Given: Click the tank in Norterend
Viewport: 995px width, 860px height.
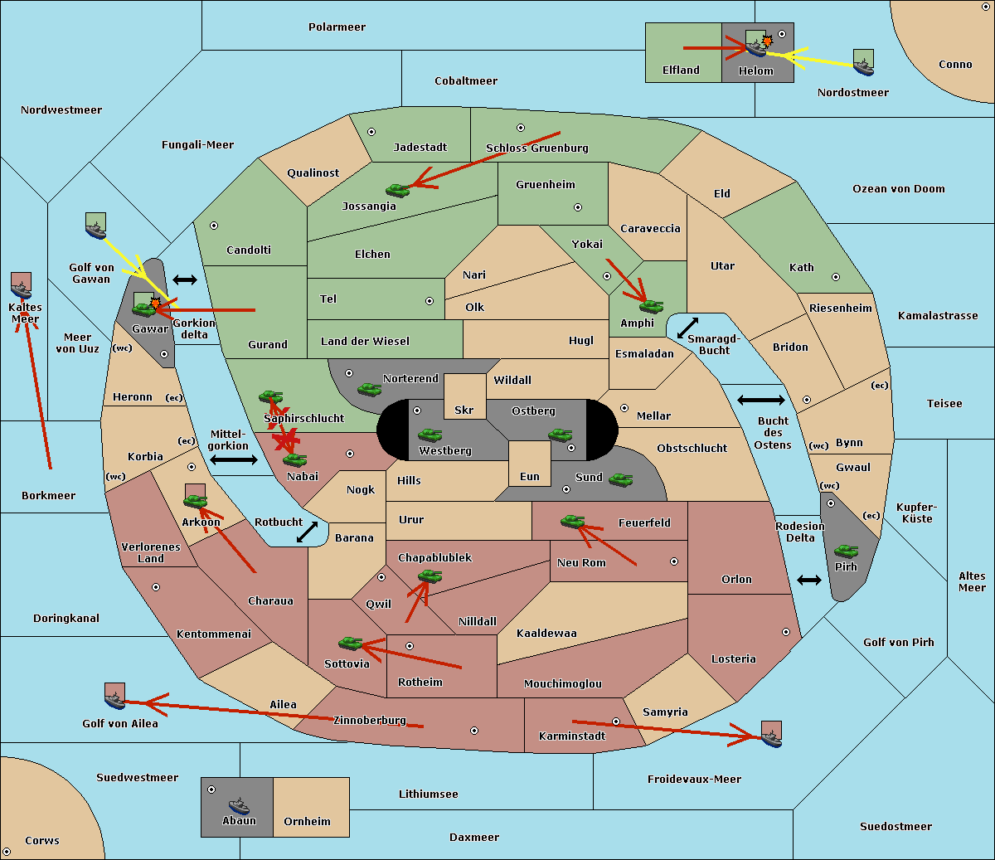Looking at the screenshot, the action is coord(369,389).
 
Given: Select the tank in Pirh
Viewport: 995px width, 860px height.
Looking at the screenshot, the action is coord(846,551).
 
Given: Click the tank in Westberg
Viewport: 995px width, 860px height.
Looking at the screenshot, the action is coord(430,435).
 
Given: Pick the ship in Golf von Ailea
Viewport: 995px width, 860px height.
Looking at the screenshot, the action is coord(115,700).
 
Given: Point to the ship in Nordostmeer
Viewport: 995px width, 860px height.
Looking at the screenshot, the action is coord(864,67).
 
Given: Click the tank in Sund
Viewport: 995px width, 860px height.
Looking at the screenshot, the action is coord(620,479).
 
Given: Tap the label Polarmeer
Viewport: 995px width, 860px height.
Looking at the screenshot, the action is coord(337,27).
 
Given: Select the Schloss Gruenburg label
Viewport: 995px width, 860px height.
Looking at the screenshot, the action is coord(537,148).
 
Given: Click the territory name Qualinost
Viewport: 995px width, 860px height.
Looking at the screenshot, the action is coord(313,172).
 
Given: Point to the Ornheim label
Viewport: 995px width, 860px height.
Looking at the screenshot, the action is coord(307,821).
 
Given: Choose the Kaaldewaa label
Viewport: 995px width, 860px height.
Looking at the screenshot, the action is coord(546,634).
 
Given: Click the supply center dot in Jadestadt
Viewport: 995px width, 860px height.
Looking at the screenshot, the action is coord(371,132).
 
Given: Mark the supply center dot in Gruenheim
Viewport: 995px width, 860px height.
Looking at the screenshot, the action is coord(578,207).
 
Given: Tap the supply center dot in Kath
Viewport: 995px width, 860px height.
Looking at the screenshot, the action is coord(836,277).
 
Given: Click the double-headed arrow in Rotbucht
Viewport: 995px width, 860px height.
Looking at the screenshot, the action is coord(307,532).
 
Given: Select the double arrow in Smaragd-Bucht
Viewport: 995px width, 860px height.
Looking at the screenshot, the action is coord(687,328).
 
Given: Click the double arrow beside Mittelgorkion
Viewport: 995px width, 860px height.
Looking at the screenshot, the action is coord(234,460).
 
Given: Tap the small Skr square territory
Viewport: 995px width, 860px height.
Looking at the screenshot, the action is coord(464,396).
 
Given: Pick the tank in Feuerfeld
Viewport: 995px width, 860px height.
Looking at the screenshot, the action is coord(572,521).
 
